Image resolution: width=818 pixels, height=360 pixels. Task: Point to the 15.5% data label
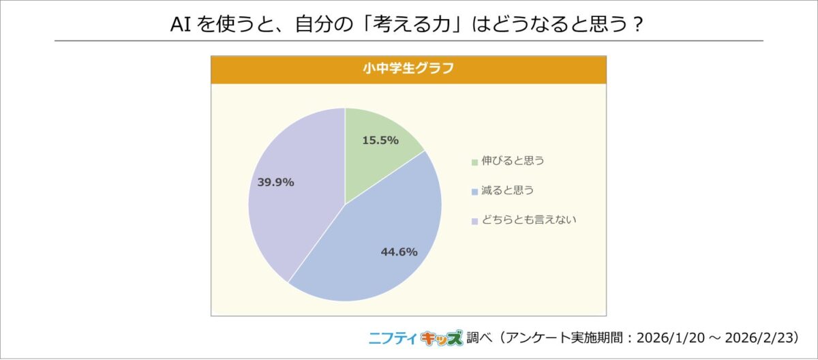(380, 140)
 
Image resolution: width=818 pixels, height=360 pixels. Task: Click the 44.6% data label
(399, 252)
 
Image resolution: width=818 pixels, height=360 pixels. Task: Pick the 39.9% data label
(275, 182)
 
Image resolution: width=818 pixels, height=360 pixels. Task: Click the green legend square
(474, 162)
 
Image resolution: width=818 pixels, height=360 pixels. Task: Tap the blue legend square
(474, 192)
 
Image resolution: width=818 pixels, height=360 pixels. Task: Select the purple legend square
(474, 221)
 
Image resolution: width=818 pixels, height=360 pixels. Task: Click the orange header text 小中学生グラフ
(408, 69)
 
